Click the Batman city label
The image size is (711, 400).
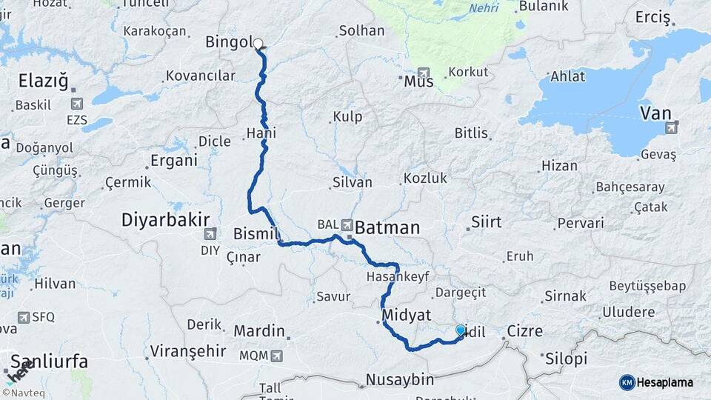pyautogui.click(x=387, y=228)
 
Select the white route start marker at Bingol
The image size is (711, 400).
pyautogui.click(x=258, y=44)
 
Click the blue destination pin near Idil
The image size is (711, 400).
pyautogui.click(x=461, y=331)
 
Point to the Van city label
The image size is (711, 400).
pyautogui.click(x=655, y=113)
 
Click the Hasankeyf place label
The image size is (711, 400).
pyautogui.click(x=398, y=276)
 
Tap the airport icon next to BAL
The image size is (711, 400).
pyautogui.click(x=346, y=223)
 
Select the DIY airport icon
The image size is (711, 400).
pyautogui.click(x=210, y=235)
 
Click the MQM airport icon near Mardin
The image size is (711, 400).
pyautogui.click(x=277, y=356)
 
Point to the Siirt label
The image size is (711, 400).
pyautogui.click(x=487, y=222)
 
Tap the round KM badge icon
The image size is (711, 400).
pyautogui.click(x=627, y=382)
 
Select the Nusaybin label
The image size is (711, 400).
pyautogui.click(x=400, y=380)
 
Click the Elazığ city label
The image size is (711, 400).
pyautogui.click(x=43, y=80)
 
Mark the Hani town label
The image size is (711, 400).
pyautogui.click(x=261, y=134)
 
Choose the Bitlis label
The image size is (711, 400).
pyautogui.click(x=472, y=133)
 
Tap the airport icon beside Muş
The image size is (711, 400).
pyautogui.click(x=424, y=74)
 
